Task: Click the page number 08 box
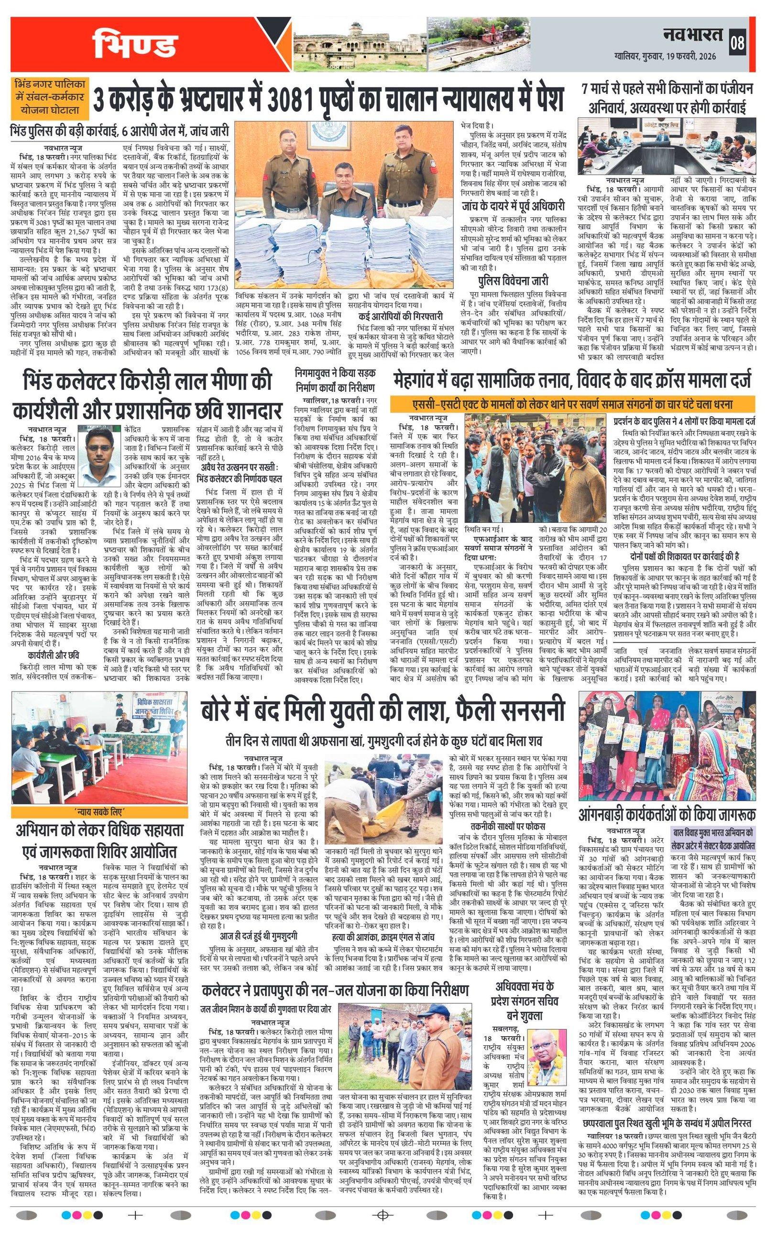click(x=737, y=44)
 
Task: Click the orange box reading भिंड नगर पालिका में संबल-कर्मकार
click(x=50, y=96)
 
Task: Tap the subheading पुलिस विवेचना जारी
click(x=513, y=281)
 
